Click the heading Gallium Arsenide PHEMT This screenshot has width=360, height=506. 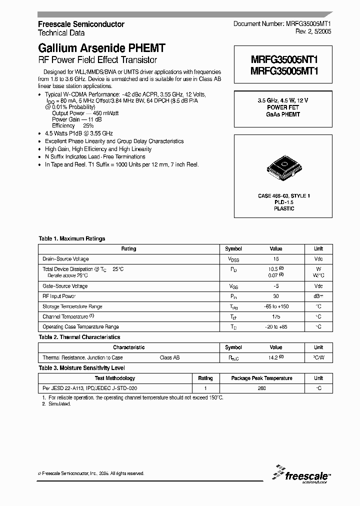[101, 48]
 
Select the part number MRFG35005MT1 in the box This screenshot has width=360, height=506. [283, 71]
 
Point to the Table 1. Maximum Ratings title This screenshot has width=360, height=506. [72, 239]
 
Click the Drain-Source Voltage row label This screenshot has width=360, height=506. [65, 259]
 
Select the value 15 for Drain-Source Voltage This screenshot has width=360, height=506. [276, 259]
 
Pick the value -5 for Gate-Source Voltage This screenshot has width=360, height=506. [276, 286]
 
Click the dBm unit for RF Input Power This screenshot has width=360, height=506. [318, 296]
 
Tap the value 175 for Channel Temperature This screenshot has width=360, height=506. [276, 317]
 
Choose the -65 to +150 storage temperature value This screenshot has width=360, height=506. [276, 306]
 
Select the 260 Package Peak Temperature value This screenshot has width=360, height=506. [276, 388]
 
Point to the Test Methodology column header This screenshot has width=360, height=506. [115, 378]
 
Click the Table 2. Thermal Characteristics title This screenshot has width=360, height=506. [79, 337]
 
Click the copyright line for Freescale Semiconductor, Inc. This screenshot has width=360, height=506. [91, 473]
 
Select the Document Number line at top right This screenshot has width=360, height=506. [282, 24]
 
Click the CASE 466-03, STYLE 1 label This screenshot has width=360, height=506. [284, 196]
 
